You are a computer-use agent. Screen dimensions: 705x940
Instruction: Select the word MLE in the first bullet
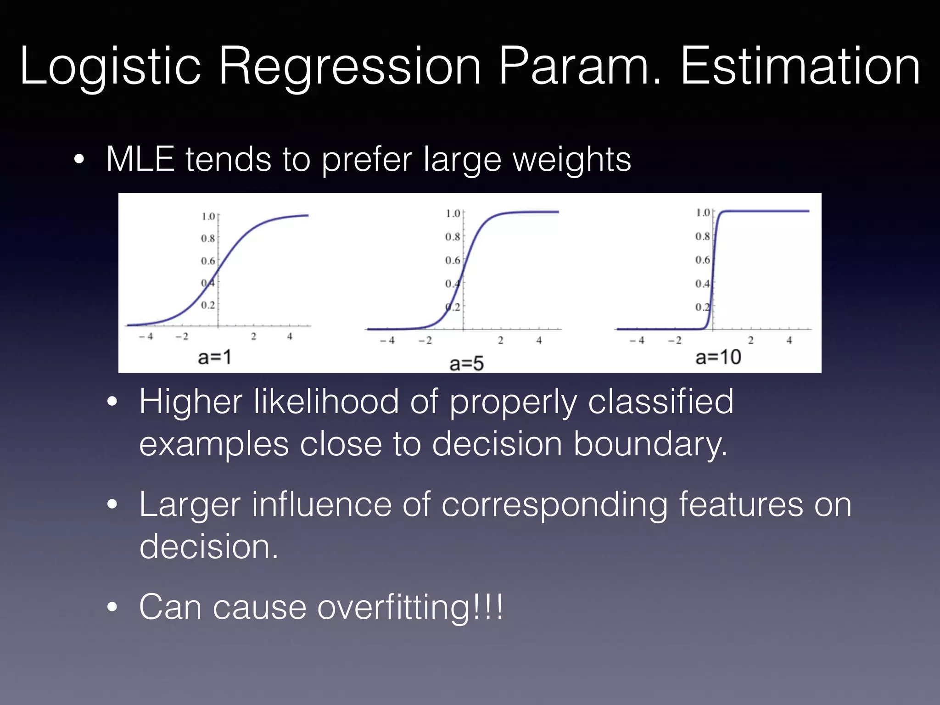click(x=140, y=159)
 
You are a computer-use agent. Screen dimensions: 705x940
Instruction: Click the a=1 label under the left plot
click(x=214, y=357)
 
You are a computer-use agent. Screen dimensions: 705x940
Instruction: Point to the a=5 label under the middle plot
click(x=466, y=364)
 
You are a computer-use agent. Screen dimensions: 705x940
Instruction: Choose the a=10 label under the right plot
click(x=718, y=357)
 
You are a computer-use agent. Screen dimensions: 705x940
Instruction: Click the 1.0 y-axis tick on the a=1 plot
click(x=208, y=216)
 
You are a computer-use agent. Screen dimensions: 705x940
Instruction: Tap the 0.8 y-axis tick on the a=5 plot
click(x=452, y=237)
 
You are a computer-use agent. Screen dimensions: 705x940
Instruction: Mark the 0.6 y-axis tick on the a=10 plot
click(x=702, y=260)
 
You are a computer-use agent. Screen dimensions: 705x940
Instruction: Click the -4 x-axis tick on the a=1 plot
click(x=146, y=336)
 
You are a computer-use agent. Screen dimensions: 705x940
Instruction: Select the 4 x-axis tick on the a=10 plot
click(x=789, y=341)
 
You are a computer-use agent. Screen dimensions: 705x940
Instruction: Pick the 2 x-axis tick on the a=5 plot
click(x=500, y=341)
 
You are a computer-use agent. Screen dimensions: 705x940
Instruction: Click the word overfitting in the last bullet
click(x=395, y=607)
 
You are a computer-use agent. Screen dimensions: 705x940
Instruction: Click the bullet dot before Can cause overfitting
click(x=112, y=608)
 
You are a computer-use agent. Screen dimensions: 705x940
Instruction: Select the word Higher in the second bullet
click(x=190, y=402)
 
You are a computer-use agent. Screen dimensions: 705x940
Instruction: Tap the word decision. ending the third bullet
click(x=209, y=547)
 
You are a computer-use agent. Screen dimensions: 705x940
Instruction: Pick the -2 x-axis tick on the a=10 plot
click(x=675, y=341)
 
